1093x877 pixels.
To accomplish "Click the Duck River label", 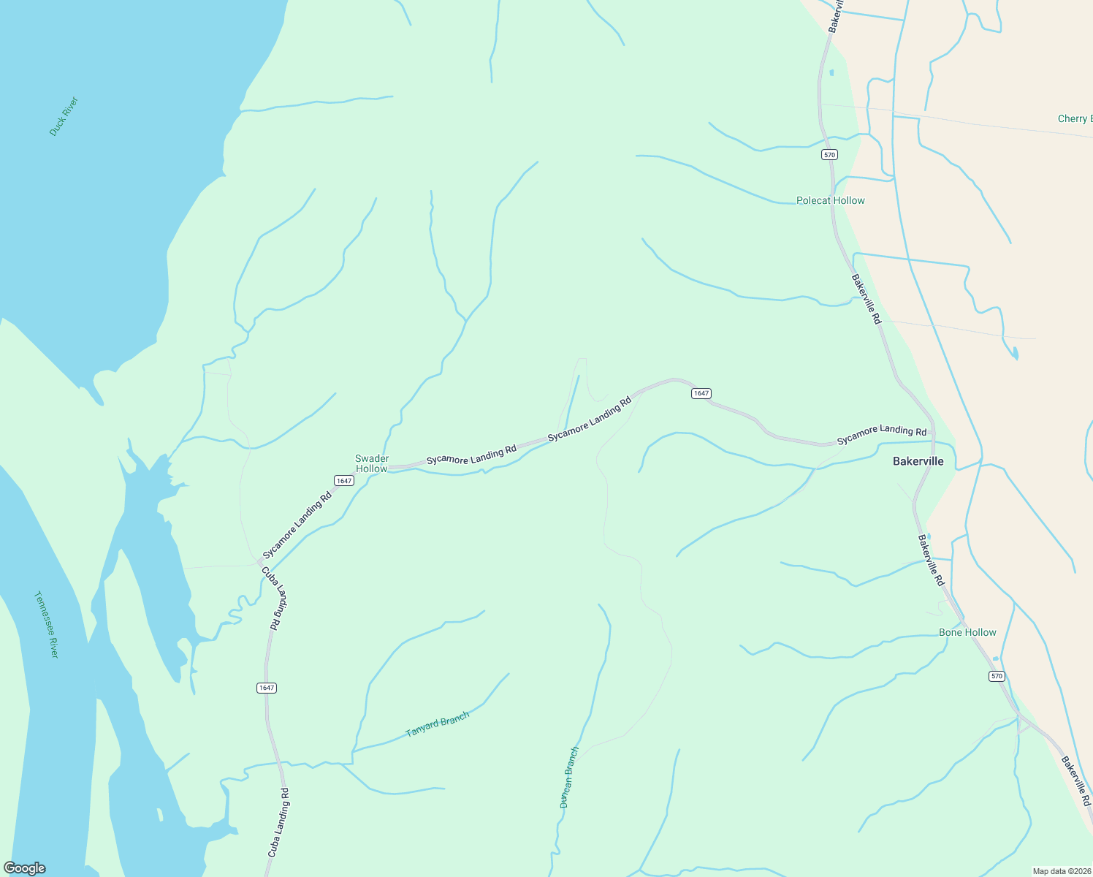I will coord(64,116).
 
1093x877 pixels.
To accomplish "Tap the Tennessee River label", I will coord(46,624).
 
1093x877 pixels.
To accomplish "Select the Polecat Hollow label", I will coord(830,200).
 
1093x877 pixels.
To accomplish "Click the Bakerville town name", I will coord(918,461).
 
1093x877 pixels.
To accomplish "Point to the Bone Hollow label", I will coord(967,632).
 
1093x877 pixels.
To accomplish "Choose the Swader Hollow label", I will coord(372,463).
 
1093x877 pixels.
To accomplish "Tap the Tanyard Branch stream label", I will coord(437,724).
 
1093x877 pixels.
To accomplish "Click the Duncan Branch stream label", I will coord(569,777).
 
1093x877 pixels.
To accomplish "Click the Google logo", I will coord(25,868).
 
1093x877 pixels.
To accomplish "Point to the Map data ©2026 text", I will coord(1061,871).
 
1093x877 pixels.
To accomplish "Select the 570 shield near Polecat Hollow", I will coord(829,155).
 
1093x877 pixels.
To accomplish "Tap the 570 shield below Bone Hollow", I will coord(997,676).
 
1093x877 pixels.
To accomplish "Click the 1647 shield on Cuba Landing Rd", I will coord(267,688).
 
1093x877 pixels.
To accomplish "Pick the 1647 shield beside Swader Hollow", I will coord(344,480).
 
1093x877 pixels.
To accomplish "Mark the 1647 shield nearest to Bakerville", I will coord(701,393).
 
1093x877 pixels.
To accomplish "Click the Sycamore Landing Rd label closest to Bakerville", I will coord(882,435).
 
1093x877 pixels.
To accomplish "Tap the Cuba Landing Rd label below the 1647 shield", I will coord(278,822).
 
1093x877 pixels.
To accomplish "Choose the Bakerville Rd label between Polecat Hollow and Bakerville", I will coord(867,300).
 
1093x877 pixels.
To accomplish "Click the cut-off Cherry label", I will coord(1075,118).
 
